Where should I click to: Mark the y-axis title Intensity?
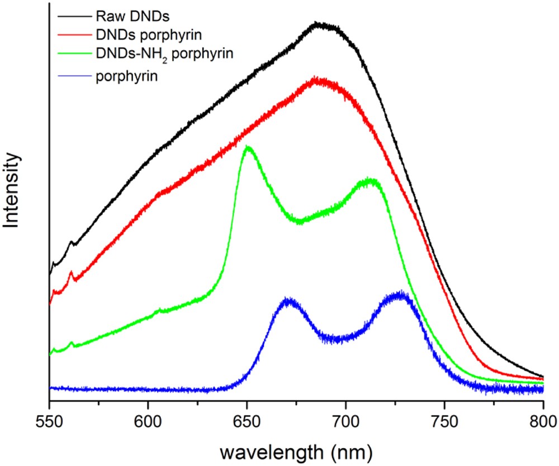pos(13,191)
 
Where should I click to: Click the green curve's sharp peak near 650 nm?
pos(248,148)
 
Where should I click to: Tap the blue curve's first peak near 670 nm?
pos(287,301)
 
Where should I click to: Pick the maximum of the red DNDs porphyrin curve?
pos(316,80)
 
